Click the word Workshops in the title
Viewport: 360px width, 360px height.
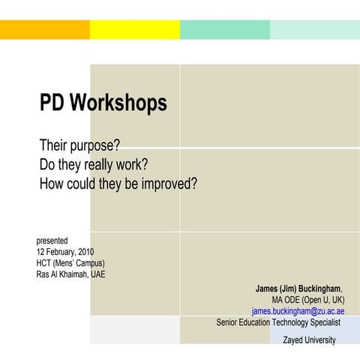point(119,103)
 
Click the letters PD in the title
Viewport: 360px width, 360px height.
point(53,103)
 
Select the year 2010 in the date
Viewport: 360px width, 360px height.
point(85,251)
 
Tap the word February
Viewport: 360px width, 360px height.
point(59,251)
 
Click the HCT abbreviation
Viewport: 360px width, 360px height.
point(45,262)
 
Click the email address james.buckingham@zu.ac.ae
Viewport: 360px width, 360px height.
point(298,310)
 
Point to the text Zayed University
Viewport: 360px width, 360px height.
point(309,340)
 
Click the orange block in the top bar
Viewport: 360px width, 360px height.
point(45,30)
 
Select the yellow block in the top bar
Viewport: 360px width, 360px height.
point(135,30)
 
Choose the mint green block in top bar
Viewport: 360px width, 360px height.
point(225,30)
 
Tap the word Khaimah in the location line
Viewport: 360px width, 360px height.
point(74,274)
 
